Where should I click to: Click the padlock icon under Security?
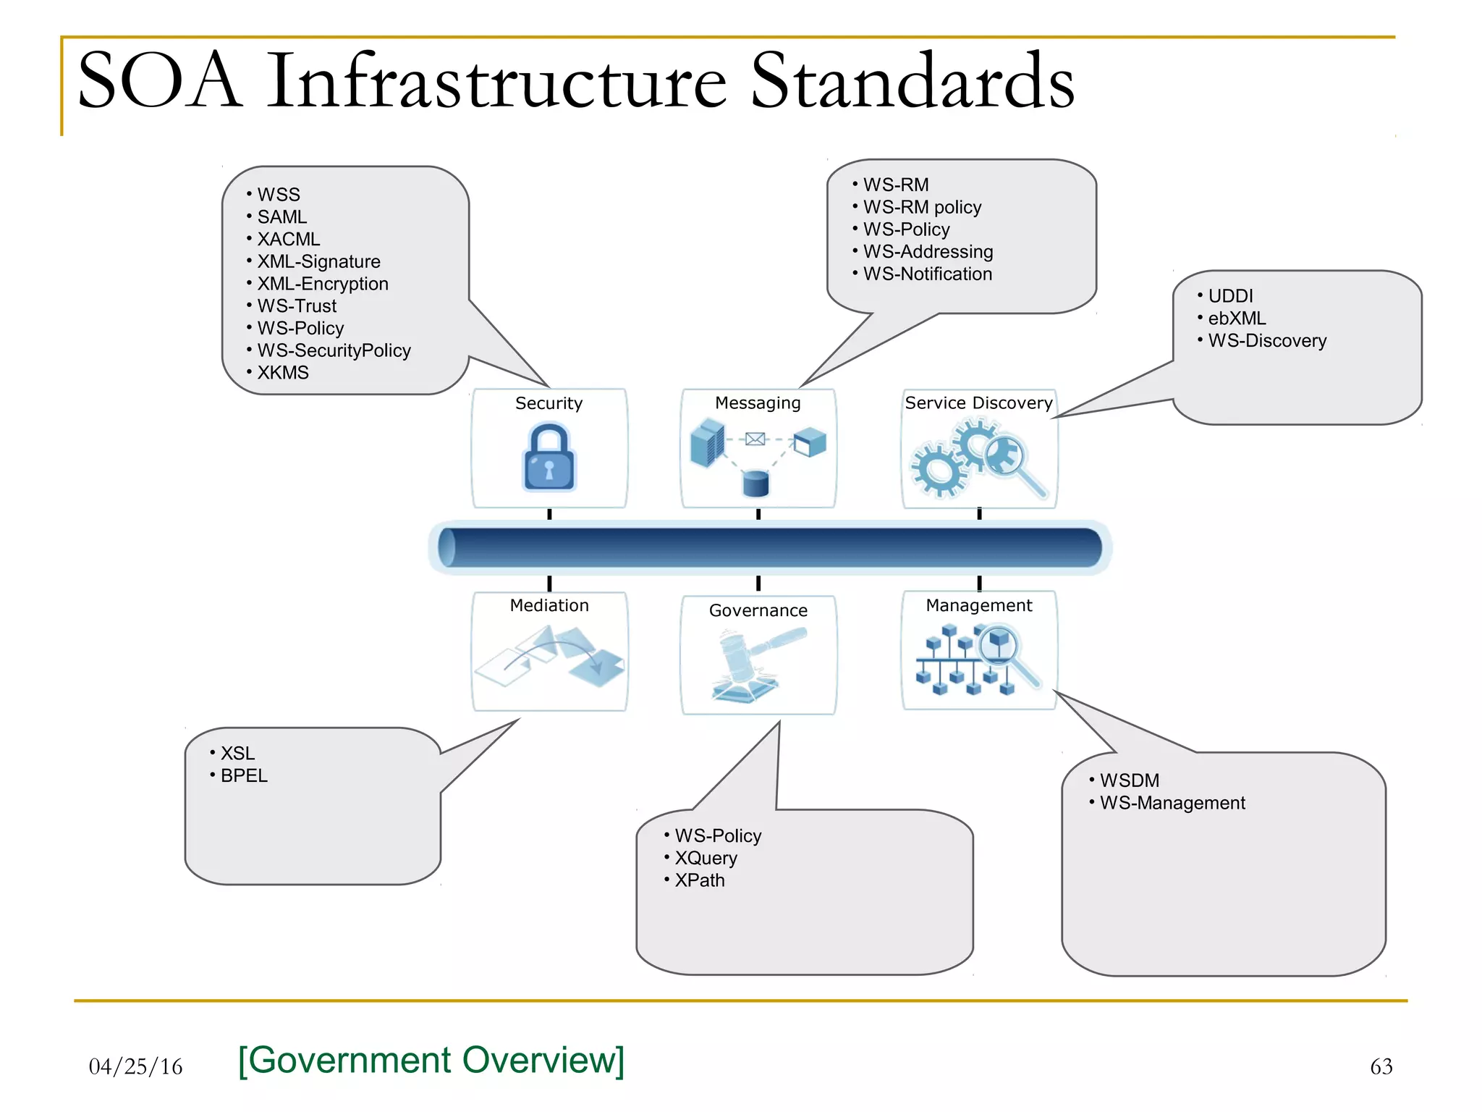(x=549, y=459)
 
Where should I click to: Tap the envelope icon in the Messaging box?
(x=755, y=439)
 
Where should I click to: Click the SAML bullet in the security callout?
(x=281, y=217)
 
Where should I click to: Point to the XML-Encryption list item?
(x=322, y=284)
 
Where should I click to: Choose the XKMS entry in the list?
(x=282, y=373)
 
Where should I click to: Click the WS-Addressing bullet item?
(x=927, y=252)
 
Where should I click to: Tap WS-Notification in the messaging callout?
(x=927, y=274)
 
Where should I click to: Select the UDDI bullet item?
(x=1229, y=296)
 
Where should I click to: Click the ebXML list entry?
(x=1236, y=319)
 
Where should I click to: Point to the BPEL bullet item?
(x=244, y=776)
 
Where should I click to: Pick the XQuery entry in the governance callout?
(x=706, y=859)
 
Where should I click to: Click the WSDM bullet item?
(x=1129, y=781)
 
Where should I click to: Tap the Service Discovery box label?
(x=978, y=403)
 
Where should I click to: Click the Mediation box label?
(x=549, y=606)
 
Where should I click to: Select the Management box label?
(x=978, y=606)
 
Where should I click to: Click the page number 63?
(x=1381, y=1067)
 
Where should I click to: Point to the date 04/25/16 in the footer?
(x=135, y=1067)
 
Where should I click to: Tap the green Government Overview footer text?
(x=431, y=1061)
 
